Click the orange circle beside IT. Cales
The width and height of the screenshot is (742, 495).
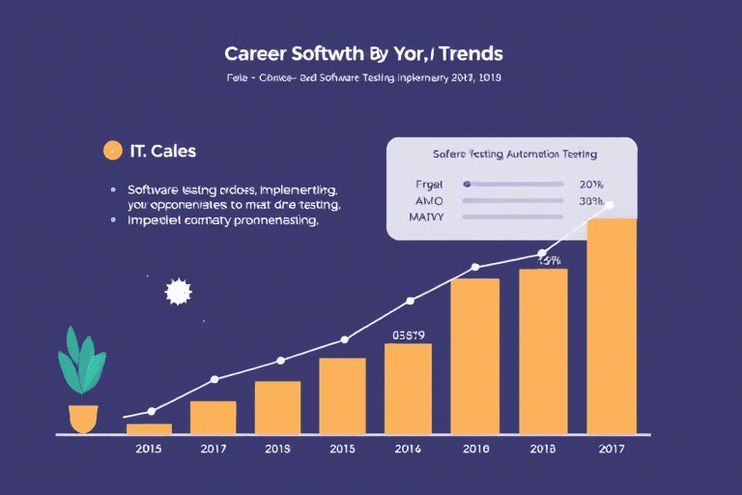(112, 150)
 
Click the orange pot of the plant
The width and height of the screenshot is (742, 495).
(84, 418)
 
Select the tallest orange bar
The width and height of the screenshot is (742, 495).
(611, 326)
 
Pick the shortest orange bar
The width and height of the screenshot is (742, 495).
(150, 427)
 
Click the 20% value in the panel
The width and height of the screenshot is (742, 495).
(590, 184)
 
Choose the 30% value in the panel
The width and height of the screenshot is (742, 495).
(590, 201)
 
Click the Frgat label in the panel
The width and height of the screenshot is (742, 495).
(427, 184)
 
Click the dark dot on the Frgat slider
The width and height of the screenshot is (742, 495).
(467, 184)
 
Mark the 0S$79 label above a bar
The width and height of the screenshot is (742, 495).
(408, 335)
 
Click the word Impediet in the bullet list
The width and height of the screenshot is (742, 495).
(156, 220)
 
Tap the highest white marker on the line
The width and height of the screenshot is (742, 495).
(610, 205)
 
